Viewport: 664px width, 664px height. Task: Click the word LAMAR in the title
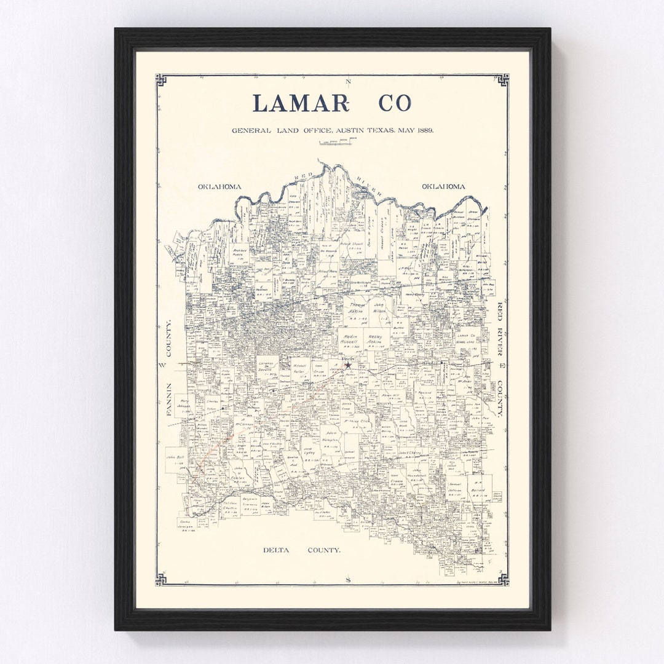tap(300, 103)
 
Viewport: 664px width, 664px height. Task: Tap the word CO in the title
tap(395, 103)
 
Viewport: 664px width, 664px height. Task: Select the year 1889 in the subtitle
tap(424, 130)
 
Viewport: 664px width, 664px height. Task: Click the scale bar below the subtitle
tap(335, 143)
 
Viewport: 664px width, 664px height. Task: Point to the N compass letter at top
tap(348, 82)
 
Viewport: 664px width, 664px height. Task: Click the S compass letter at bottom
tap(348, 579)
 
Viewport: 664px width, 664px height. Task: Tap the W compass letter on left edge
tap(163, 365)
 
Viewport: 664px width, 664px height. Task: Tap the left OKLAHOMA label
tap(219, 186)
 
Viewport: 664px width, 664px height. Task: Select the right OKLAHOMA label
tap(443, 186)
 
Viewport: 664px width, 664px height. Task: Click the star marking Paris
tap(348, 365)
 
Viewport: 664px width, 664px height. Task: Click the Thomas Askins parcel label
tap(358, 308)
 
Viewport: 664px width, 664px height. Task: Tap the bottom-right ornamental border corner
tap(503, 579)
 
